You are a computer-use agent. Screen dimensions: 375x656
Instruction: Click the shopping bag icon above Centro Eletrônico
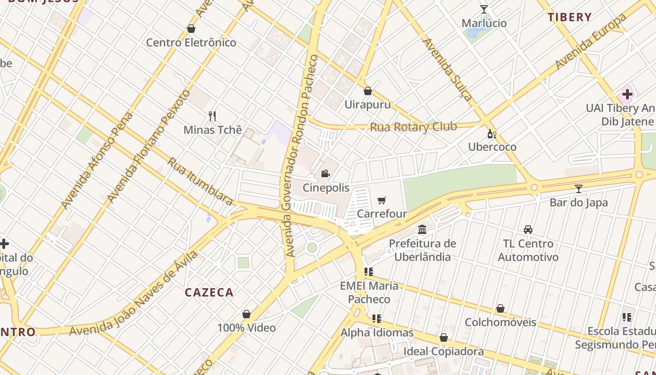(x=191, y=29)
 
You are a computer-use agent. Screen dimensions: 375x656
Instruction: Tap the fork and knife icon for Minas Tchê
(x=212, y=116)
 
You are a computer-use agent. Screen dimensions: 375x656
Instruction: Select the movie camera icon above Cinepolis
(x=325, y=174)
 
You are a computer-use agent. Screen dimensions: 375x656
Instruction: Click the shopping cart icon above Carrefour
(x=382, y=201)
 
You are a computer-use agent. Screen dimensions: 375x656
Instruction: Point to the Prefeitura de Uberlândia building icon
(x=422, y=229)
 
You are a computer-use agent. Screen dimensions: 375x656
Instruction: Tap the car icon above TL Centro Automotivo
(x=528, y=229)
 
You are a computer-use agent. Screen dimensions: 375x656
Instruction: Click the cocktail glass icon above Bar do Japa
(x=579, y=188)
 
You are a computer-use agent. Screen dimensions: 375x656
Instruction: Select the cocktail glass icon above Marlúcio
(x=484, y=9)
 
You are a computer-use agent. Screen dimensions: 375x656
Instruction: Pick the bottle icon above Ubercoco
(x=492, y=134)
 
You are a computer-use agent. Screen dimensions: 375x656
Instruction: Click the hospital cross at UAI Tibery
(x=627, y=94)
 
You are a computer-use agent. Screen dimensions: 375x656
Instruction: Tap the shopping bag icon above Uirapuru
(x=368, y=90)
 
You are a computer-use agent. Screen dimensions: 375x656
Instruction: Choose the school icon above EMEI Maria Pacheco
(x=369, y=271)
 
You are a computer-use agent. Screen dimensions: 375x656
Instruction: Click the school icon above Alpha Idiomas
(x=377, y=319)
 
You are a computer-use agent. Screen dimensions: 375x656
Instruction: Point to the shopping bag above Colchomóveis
(x=500, y=308)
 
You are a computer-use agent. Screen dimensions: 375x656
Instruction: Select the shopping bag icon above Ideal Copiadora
(x=444, y=337)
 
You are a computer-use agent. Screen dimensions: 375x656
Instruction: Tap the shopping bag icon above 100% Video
(x=246, y=314)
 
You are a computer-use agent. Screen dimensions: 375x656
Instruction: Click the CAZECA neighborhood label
(x=209, y=292)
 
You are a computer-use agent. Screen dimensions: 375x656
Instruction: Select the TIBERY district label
(x=570, y=17)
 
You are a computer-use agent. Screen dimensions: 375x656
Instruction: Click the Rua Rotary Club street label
(x=413, y=127)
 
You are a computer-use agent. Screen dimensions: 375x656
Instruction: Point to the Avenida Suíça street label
(x=448, y=69)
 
